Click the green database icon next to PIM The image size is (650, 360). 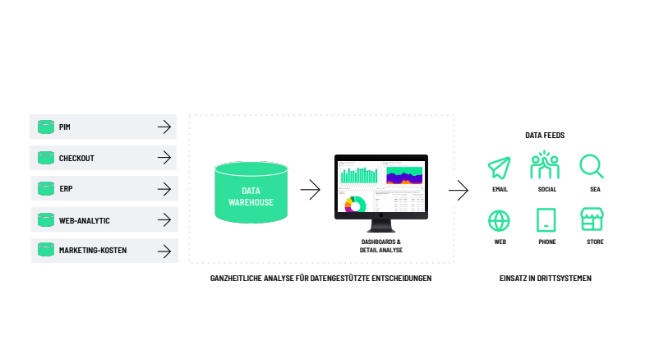pyautogui.click(x=45, y=127)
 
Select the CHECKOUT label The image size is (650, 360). pyautogui.click(x=76, y=158)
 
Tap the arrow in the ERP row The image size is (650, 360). pyautogui.click(x=164, y=189)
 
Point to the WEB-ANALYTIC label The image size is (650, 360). pyautogui.click(x=84, y=220)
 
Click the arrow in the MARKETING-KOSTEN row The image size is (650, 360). pyautogui.click(x=164, y=251)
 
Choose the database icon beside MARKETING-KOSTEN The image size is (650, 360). pyautogui.click(x=45, y=250)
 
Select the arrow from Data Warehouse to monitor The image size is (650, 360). pyautogui.click(x=310, y=191)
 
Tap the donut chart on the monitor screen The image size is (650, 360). pyautogui.click(x=355, y=205)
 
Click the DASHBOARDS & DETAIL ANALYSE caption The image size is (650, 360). pyautogui.click(x=380, y=245)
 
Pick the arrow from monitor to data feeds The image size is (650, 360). pyautogui.click(x=458, y=192)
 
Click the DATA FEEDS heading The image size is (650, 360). pyautogui.click(x=545, y=135)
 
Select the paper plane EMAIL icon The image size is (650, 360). pyautogui.click(x=500, y=167)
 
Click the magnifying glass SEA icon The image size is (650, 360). pyautogui.click(x=591, y=166)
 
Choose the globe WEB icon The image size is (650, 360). pyautogui.click(x=500, y=220)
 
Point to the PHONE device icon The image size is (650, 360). pyautogui.click(x=546, y=220)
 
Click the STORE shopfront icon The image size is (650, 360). pyautogui.click(x=592, y=219)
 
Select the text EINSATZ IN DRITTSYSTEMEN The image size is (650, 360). pyautogui.click(x=545, y=279)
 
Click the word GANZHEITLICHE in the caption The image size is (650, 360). pyautogui.click(x=236, y=279)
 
